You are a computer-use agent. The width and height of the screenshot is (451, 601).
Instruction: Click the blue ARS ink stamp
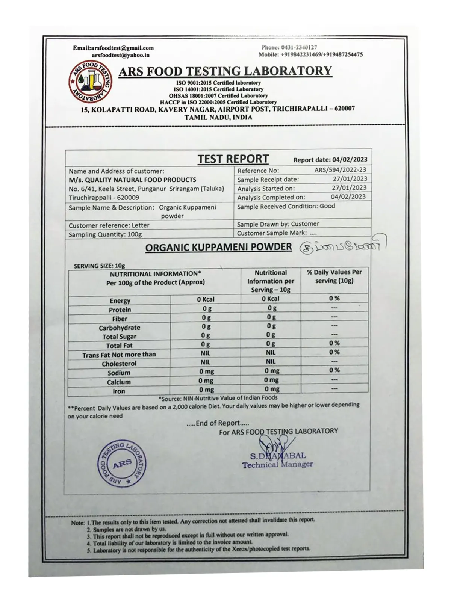coord(122,463)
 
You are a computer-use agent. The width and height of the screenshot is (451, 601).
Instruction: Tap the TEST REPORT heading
coord(233,159)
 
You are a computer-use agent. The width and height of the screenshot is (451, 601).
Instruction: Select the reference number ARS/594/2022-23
coord(340,170)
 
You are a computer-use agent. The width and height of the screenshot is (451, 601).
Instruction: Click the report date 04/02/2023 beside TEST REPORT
coord(350,160)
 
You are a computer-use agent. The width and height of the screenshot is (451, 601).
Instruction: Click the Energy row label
coord(120,301)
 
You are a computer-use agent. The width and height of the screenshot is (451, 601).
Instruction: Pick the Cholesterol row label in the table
coord(119,364)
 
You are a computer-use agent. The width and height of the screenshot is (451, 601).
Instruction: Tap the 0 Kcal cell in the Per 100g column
coord(206,299)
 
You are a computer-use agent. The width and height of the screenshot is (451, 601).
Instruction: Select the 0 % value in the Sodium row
coord(334,370)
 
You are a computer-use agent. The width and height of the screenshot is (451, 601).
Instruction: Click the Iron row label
coord(119,391)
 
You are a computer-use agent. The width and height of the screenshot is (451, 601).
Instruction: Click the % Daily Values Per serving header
coord(334,276)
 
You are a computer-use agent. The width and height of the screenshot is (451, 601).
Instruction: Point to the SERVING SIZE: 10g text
coord(99,266)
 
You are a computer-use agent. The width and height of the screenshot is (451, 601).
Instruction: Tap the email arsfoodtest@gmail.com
coord(114,48)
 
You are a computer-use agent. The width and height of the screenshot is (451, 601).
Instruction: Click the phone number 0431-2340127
coord(289,47)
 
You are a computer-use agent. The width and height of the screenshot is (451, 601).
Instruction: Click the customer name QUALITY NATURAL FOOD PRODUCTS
coord(132,180)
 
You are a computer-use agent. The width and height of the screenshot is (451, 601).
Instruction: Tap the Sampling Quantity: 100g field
coord(105,234)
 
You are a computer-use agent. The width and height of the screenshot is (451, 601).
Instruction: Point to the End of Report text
coord(218,423)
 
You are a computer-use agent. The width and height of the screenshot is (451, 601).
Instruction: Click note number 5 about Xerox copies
coord(199,550)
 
